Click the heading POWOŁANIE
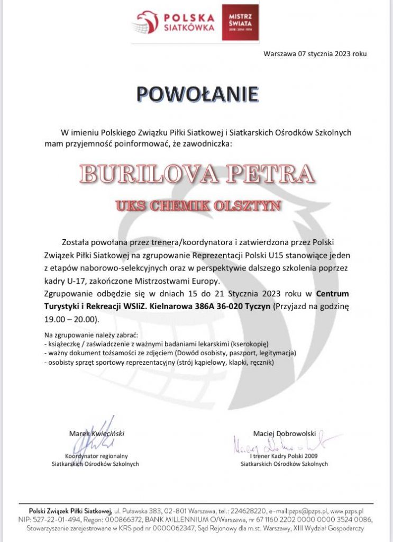pos(197,94)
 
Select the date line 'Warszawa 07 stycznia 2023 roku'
pos(315,53)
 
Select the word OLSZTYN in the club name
pos(250,206)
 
